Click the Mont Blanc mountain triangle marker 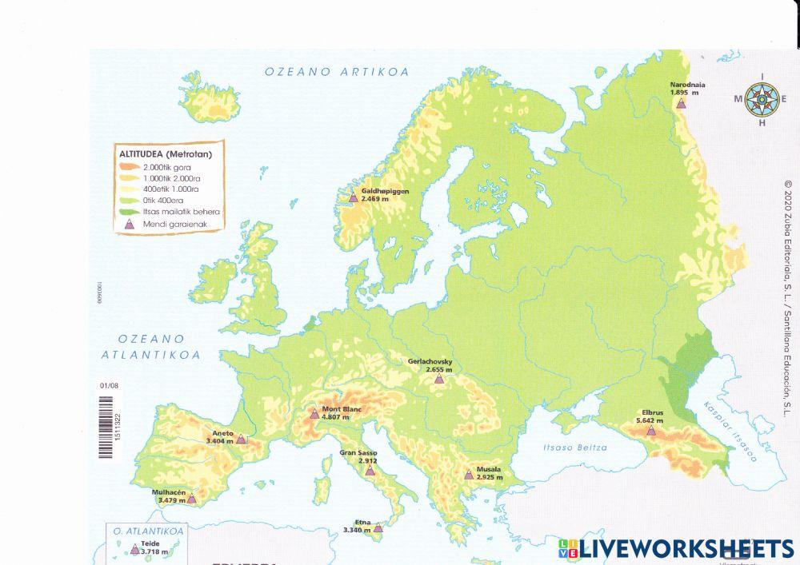pos(314,414)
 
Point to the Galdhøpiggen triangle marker pos(353,197)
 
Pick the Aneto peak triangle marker pos(241,440)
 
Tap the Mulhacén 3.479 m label pos(172,496)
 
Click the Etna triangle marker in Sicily pos(378,528)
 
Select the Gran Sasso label pos(358,457)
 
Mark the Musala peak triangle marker pos(469,474)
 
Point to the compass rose pos(762,100)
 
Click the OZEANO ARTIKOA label pos(337,72)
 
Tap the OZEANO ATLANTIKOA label pos(151,347)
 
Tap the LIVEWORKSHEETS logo pos(676,548)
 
